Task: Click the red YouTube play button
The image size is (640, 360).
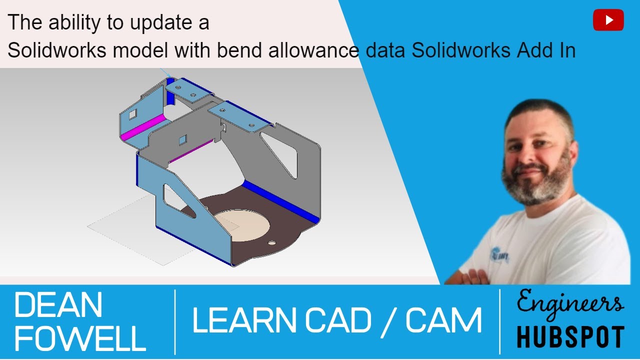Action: (x=608, y=20)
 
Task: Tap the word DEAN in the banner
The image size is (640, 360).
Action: (x=58, y=305)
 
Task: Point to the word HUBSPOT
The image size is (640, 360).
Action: (x=570, y=336)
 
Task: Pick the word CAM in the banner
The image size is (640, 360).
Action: (x=443, y=320)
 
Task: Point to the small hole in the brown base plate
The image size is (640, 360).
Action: (x=271, y=242)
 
